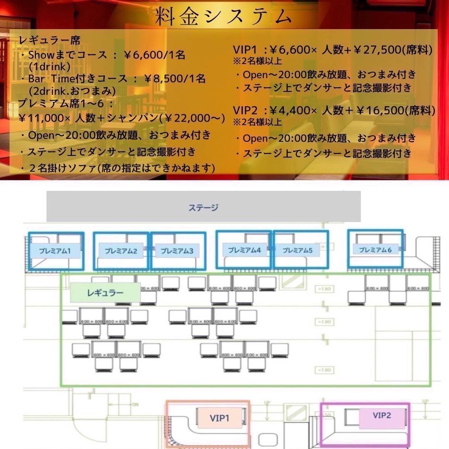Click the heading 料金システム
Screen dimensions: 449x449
coord(224,17)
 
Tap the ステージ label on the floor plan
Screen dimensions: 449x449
coord(203,207)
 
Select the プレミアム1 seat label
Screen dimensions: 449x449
coord(55,251)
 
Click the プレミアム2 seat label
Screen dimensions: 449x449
coord(121,251)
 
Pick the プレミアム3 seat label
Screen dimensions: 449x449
coord(177,251)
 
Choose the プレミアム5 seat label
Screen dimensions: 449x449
coord(297,250)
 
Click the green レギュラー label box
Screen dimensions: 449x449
coord(105,293)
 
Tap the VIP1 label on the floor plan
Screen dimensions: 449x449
coord(219,417)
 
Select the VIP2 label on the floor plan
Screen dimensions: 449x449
coord(382,415)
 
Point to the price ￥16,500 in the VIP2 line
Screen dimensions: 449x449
coord(377,111)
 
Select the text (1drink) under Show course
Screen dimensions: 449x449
coord(49,66)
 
